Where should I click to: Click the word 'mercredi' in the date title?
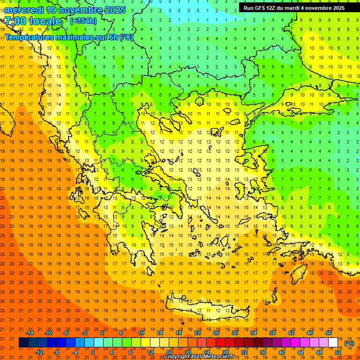click(24, 10)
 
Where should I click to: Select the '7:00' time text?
click(15, 21)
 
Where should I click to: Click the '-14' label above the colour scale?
click(30, 333)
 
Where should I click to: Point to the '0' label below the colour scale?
click(93, 352)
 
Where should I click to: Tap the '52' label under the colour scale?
click(338, 352)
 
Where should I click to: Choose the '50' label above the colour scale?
click(329, 333)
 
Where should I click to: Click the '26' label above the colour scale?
click(216, 333)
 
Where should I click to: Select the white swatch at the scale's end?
click(333, 343)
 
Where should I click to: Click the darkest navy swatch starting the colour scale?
click(23, 343)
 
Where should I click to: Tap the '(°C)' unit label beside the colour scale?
click(349, 343)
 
